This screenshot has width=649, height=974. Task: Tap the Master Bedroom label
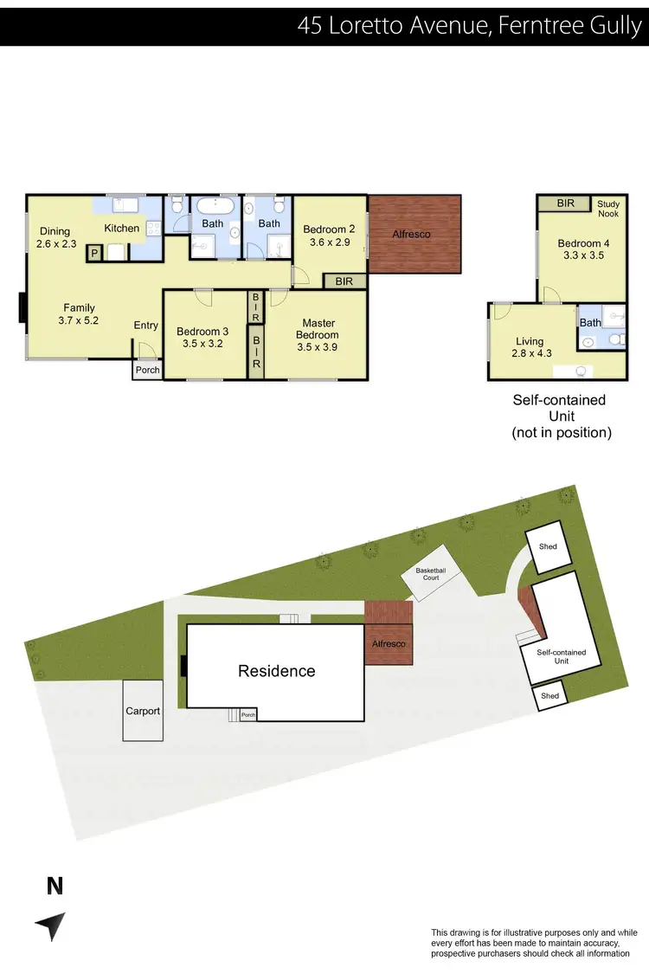pos(318,330)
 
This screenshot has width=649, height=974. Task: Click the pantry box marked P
pos(94,252)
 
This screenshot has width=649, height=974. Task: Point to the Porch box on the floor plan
pos(146,371)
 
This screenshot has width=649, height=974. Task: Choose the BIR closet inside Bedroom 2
pos(344,281)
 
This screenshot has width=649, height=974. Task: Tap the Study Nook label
pos(609,208)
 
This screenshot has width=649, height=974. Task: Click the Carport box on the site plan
pos(143,711)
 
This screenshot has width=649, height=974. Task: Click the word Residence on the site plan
pos(277,671)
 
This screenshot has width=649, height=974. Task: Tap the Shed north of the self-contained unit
pos(548,547)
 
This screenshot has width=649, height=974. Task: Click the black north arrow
pos(51,926)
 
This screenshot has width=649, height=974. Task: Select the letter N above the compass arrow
pos(55,886)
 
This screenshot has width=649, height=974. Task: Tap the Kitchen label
pos(122,229)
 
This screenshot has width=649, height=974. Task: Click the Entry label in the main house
pos(145,326)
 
